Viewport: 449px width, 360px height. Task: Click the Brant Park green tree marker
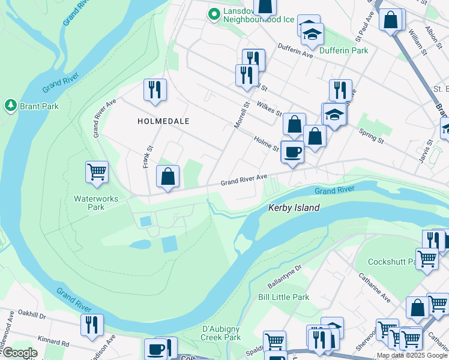[10, 106]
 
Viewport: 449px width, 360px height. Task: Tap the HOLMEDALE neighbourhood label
[163, 121]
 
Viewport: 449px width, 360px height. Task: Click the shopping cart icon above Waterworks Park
[97, 172]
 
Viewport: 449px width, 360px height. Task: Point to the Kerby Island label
[293, 208]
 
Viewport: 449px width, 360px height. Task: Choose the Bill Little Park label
[283, 297]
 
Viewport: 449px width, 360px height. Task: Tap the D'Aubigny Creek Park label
[221, 333]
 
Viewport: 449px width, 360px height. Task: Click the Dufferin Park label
[344, 51]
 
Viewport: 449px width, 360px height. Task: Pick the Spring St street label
[372, 136]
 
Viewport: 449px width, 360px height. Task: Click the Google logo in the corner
[20, 353]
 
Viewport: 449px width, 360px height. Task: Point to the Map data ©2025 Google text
[411, 355]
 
